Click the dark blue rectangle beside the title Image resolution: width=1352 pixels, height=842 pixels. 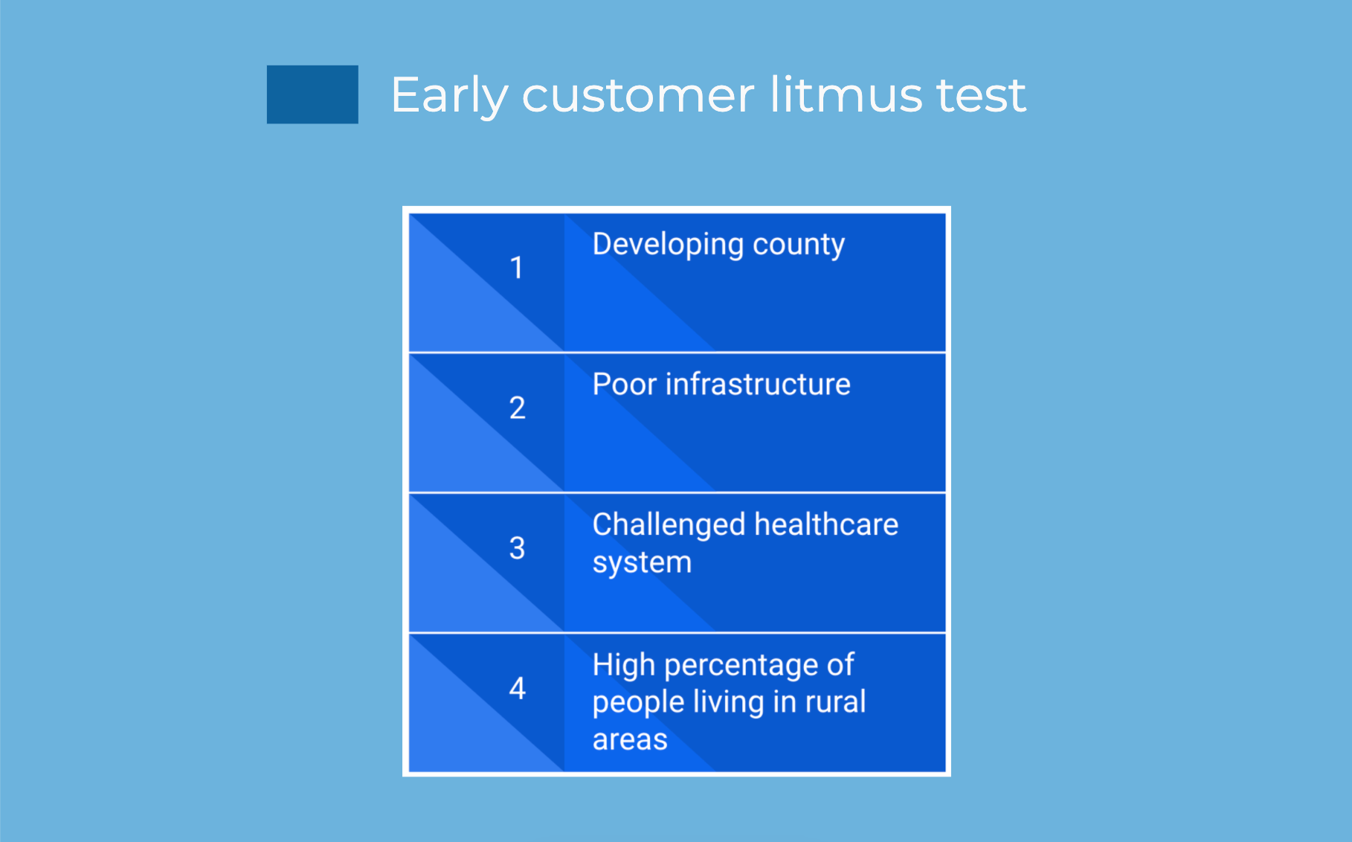coord(312,94)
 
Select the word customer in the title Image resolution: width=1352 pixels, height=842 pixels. coord(638,96)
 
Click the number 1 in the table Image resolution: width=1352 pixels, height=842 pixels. coord(516,268)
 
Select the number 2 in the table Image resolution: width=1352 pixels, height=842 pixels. coord(517,408)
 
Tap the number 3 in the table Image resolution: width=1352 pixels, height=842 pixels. coord(517,548)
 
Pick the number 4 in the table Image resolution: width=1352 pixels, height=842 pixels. coord(517,688)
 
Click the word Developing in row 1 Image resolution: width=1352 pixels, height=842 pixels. coord(669,245)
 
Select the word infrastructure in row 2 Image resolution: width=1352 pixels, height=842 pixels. coord(758,384)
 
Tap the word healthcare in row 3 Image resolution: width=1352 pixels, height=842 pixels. coord(826,524)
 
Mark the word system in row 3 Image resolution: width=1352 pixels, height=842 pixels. coord(642,564)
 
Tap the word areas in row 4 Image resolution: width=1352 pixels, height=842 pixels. coord(630,740)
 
